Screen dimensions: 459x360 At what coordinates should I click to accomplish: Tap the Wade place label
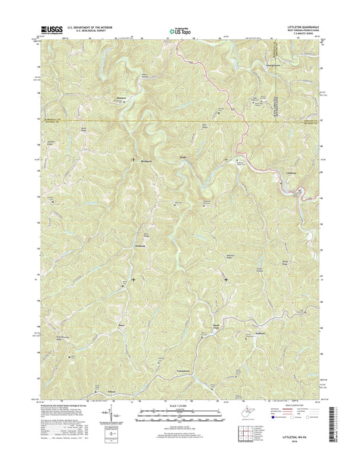point(183,158)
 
